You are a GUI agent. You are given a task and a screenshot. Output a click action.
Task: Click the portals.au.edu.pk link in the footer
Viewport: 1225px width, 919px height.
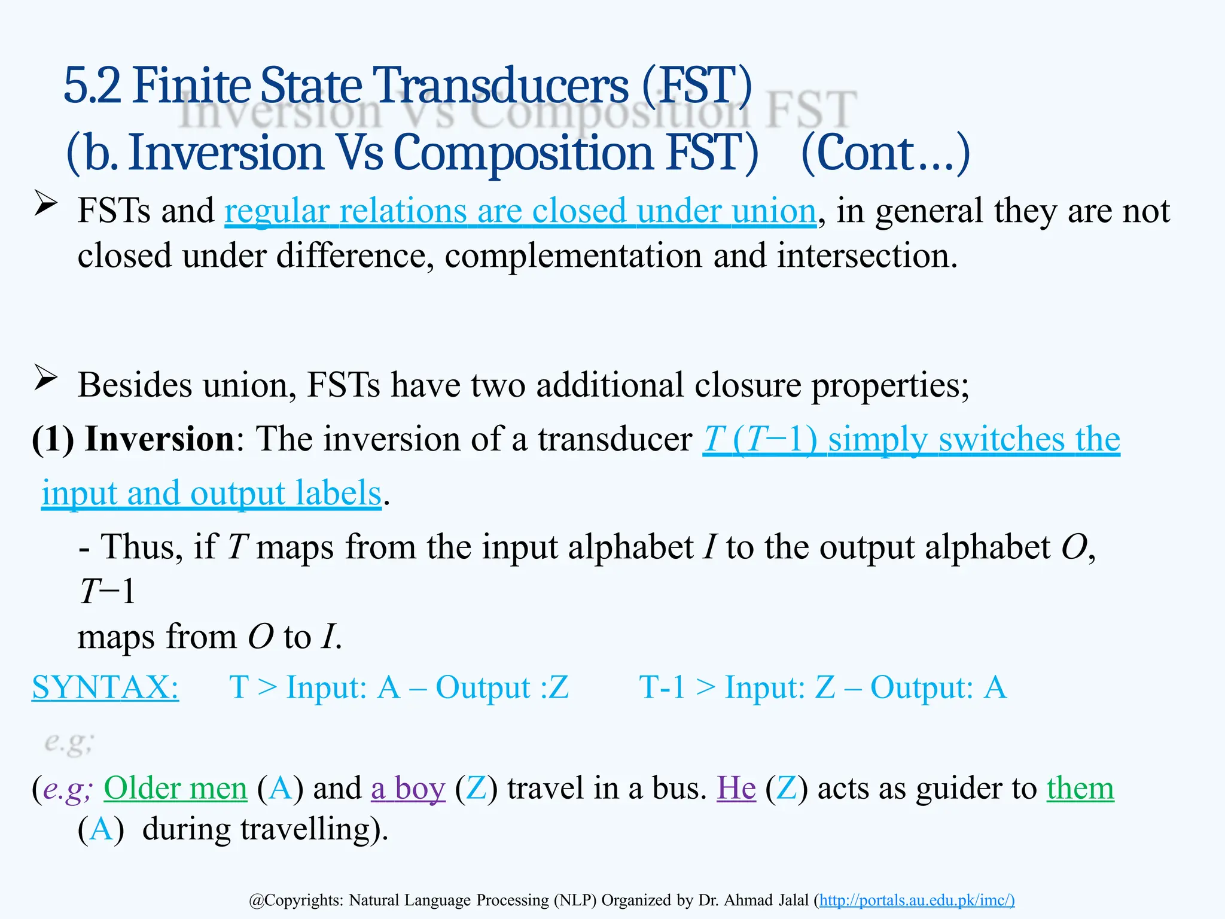916,900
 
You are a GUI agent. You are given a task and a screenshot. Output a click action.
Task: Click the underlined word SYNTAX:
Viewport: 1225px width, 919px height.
105,687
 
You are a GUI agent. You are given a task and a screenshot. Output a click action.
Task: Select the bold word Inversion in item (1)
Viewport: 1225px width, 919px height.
159,439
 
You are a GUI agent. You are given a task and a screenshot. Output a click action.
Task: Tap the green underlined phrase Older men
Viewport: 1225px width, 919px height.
175,788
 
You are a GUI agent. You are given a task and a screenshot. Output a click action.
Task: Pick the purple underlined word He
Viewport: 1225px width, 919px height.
736,788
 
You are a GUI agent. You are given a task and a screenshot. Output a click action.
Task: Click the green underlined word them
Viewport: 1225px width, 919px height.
1080,788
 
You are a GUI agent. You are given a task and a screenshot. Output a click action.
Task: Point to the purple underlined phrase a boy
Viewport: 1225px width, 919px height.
408,788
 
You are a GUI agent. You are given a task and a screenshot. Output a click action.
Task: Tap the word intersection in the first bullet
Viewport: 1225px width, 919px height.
867,256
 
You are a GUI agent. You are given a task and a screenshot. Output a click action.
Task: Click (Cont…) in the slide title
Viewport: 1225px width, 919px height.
885,154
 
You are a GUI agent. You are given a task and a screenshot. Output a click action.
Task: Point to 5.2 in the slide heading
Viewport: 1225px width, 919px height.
92,86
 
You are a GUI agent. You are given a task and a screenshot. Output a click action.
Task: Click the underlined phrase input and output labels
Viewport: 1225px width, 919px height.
211,494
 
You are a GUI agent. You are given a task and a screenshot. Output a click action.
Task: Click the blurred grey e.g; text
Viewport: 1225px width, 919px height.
69,742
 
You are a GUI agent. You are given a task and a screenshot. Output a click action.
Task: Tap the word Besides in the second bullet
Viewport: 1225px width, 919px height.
135,385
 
